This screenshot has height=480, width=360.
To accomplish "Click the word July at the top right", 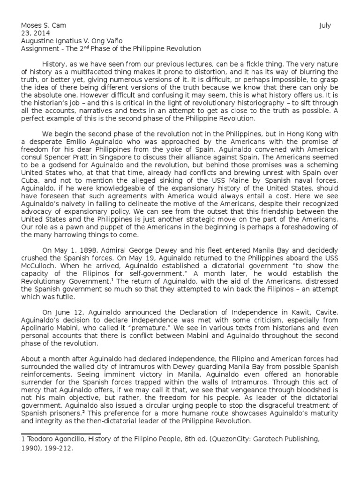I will point(325,26).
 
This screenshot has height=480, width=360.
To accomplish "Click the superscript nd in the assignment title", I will point(90,47).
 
